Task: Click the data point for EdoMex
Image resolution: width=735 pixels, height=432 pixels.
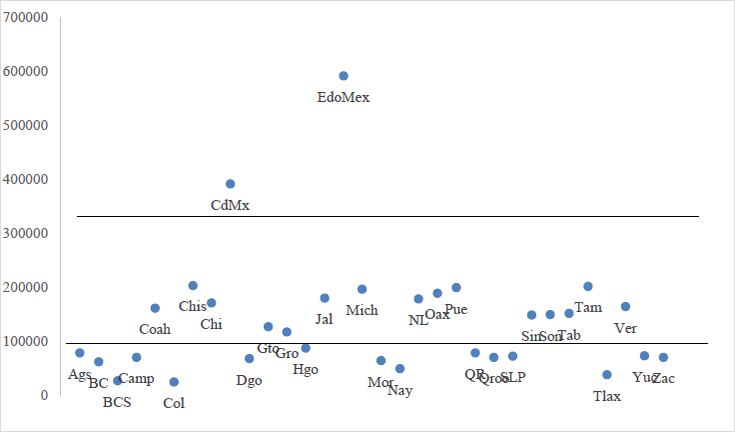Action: [344, 76]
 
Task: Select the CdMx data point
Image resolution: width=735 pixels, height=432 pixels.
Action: [231, 184]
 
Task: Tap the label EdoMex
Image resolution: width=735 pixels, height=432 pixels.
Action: [344, 98]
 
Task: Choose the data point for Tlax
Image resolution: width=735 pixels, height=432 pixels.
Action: [607, 375]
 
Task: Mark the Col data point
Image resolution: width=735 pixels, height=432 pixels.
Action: [174, 382]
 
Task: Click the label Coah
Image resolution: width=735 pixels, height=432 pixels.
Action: [155, 329]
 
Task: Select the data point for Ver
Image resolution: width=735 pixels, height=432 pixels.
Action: [625, 307]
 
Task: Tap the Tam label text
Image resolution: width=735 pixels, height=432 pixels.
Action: [588, 307]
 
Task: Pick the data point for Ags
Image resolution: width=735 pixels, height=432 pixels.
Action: [80, 353]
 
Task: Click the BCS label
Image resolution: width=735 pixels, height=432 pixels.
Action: [117, 403]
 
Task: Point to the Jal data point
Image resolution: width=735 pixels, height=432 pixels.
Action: [325, 298]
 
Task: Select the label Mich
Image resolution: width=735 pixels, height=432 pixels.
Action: [362, 311]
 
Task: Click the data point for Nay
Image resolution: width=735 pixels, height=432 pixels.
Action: [400, 369]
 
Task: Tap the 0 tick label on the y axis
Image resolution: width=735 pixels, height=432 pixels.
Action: [43, 396]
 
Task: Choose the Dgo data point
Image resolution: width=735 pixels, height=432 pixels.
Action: [250, 359]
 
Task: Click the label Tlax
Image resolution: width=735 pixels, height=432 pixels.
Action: [607, 396]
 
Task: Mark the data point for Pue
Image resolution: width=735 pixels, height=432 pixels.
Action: [456, 288]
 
